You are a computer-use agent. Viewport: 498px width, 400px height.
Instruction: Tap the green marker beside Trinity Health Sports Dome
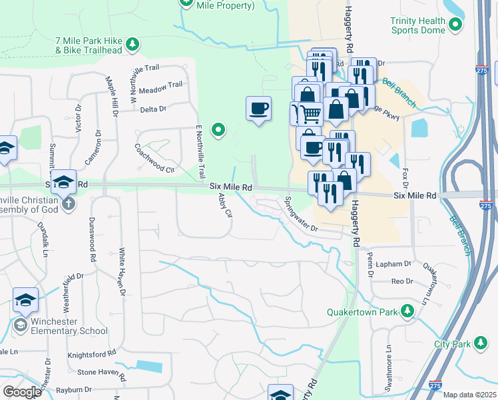[x=455, y=25]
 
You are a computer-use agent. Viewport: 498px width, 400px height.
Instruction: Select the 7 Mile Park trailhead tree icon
[x=134, y=44]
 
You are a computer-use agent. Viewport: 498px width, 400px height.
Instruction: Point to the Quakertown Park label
[x=361, y=311]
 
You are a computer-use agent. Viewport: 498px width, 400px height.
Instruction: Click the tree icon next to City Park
[x=479, y=343]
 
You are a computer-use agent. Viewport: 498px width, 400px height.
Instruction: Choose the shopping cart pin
[x=308, y=114]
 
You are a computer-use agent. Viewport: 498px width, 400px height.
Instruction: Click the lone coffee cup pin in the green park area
[x=258, y=108]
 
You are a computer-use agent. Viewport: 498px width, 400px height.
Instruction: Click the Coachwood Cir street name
[x=154, y=158]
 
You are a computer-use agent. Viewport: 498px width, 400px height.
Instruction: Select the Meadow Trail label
[x=160, y=85]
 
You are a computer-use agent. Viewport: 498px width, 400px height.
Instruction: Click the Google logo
[x=21, y=392]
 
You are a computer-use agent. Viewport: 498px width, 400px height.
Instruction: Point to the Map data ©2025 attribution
[x=469, y=395]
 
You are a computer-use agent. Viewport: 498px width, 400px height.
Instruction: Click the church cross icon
[x=68, y=203]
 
